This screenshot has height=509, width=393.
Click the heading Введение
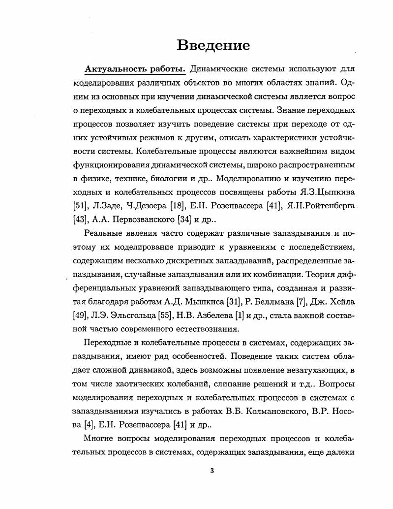coord(213,45)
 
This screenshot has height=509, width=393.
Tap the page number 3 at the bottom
coord(212,471)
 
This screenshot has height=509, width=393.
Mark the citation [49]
coord(79,315)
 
